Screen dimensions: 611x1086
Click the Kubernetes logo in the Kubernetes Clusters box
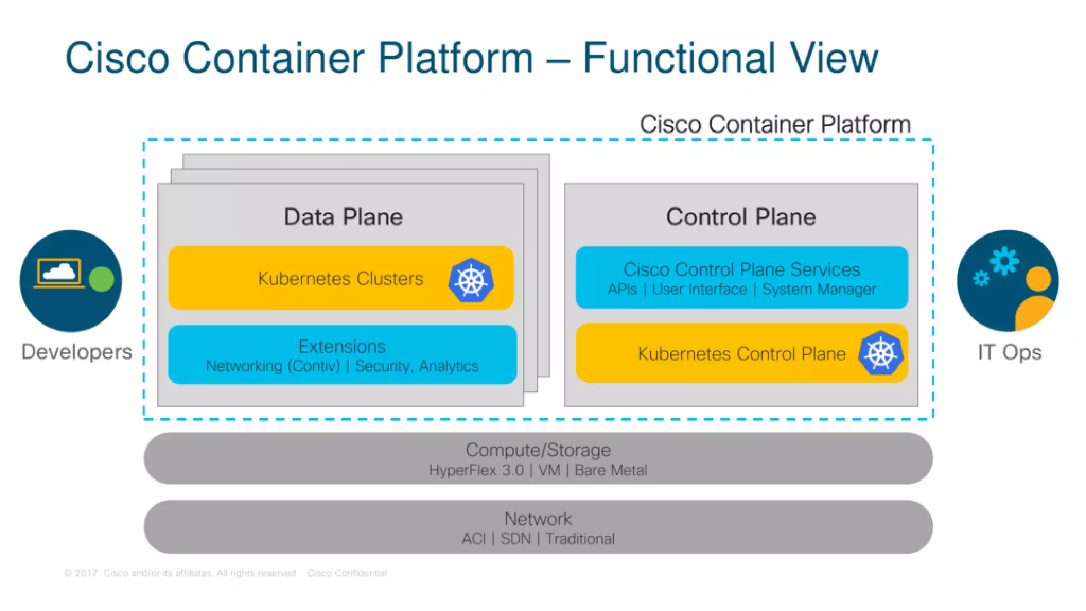[471, 280]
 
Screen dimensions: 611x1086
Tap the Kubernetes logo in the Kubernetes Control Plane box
[881, 353]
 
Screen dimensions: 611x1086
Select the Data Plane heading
[343, 217]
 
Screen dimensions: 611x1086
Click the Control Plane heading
[741, 217]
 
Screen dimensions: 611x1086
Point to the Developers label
[77, 352]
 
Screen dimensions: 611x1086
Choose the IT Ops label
[1010, 352]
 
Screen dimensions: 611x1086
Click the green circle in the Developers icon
[101, 279]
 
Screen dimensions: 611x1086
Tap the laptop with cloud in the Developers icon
[59, 273]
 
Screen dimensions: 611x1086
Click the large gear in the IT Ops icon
[1004, 261]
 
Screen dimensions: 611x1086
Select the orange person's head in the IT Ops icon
[1038, 278]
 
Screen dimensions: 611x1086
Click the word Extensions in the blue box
[342, 346]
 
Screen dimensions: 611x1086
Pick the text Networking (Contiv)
[273, 366]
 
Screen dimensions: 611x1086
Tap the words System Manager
[819, 290]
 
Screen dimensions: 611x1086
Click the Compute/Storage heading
[538, 450]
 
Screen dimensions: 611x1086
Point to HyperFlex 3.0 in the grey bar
[476, 470]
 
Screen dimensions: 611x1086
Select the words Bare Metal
[611, 470]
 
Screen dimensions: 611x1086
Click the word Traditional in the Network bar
[580, 539]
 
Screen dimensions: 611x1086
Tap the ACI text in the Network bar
[474, 539]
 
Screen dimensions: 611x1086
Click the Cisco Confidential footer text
[347, 573]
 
